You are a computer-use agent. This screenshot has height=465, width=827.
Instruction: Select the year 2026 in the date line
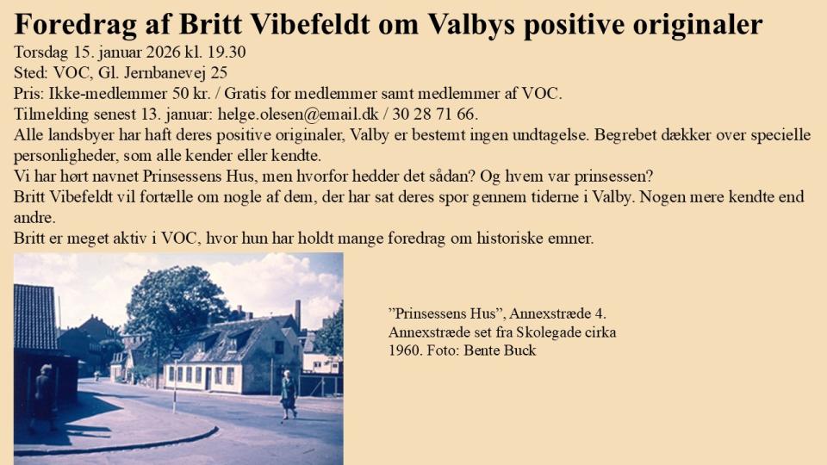click(x=165, y=53)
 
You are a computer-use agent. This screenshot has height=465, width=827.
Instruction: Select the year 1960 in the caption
click(x=404, y=350)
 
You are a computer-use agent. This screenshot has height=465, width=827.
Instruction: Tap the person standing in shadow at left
click(x=43, y=396)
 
